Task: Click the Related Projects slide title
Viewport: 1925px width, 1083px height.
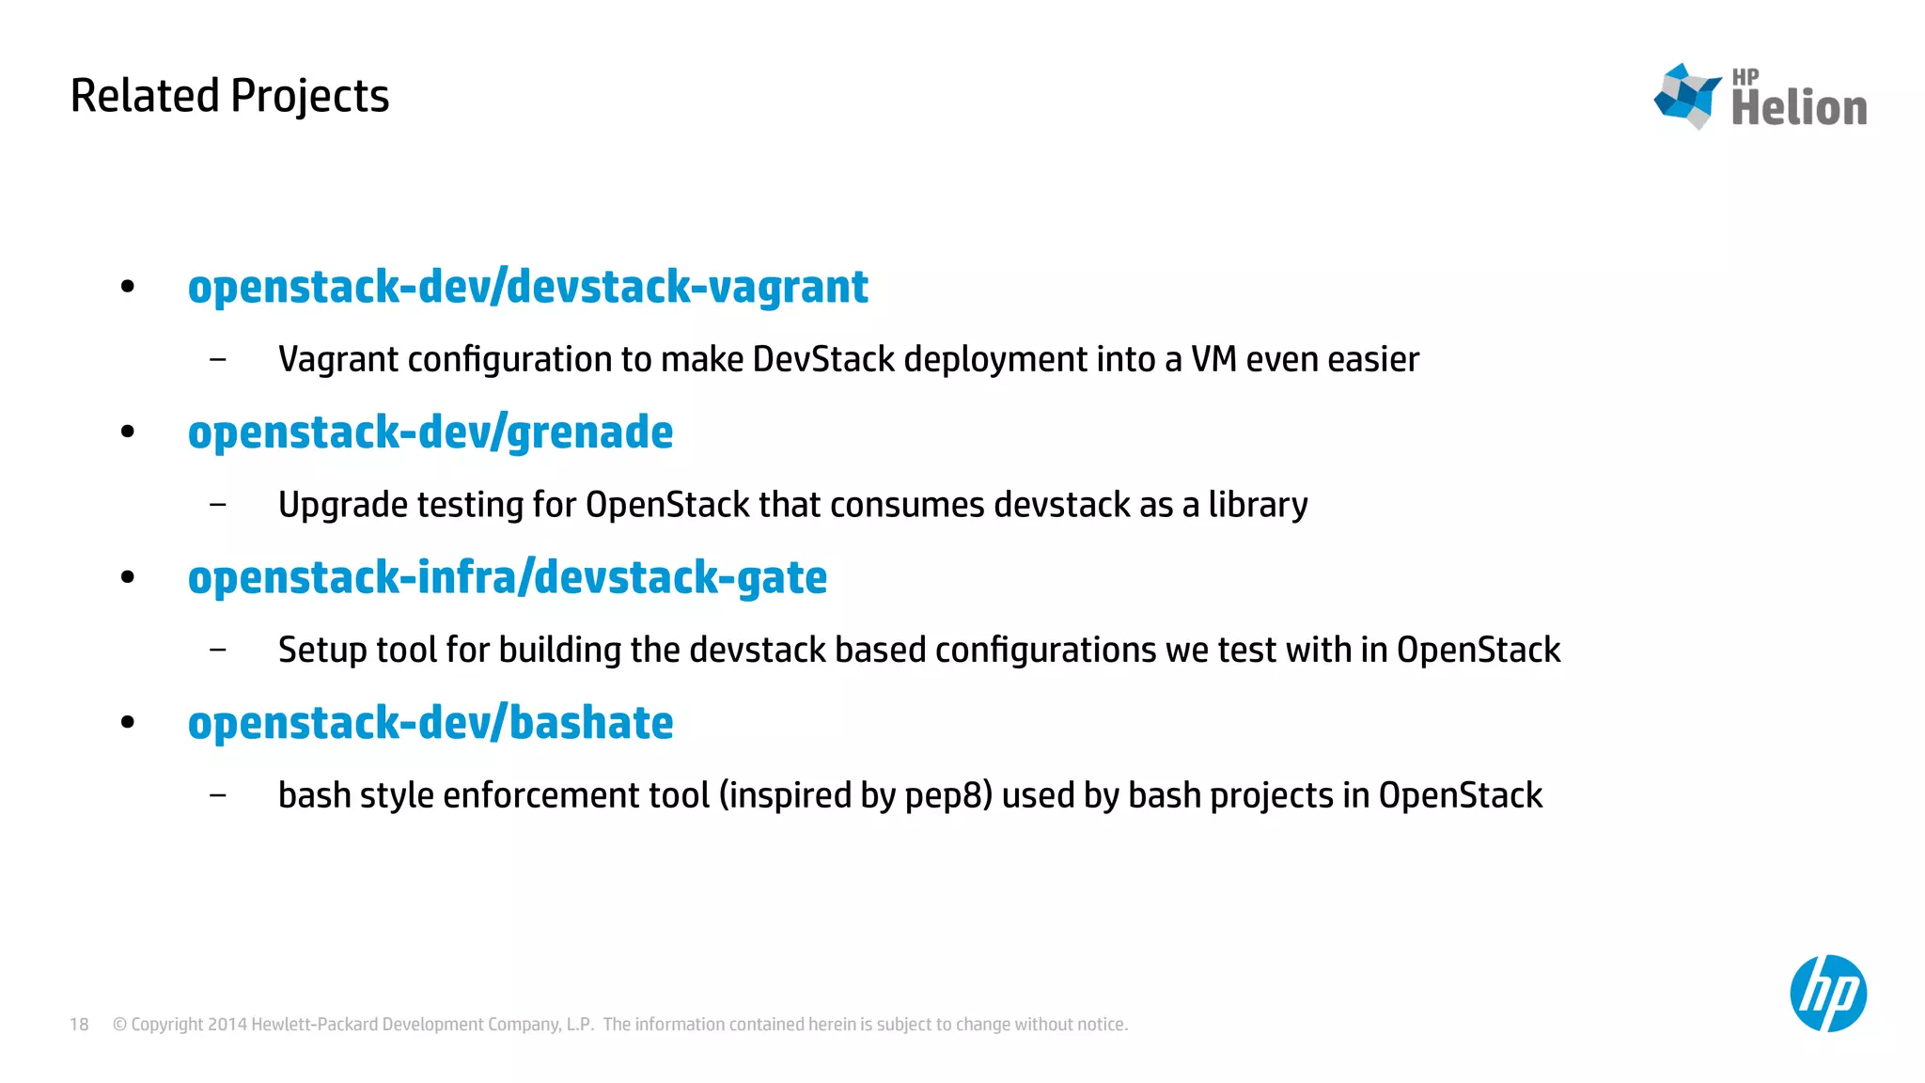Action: tap(229, 96)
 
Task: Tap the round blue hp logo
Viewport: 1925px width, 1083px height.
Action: tap(1827, 994)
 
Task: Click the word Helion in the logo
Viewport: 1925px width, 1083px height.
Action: tap(1798, 107)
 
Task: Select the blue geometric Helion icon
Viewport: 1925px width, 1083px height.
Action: tap(1687, 96)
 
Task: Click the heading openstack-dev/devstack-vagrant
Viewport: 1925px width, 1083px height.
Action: tap(527, 287)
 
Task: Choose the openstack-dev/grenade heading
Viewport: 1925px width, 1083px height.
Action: tap(430, 432)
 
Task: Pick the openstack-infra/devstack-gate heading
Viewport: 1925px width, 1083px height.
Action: tap(507, 577)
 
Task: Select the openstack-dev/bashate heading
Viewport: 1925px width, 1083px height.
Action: tap(430, 723)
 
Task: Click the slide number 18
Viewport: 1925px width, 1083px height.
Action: tap(79, 1025)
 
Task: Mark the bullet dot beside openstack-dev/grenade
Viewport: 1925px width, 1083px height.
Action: tap(128, 432)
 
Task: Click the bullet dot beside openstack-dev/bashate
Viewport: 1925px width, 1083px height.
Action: tap(128, 723)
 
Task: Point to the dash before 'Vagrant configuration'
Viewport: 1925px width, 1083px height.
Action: tap(218, 359)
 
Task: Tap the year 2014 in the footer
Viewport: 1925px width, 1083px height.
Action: tap(227, 1025)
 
